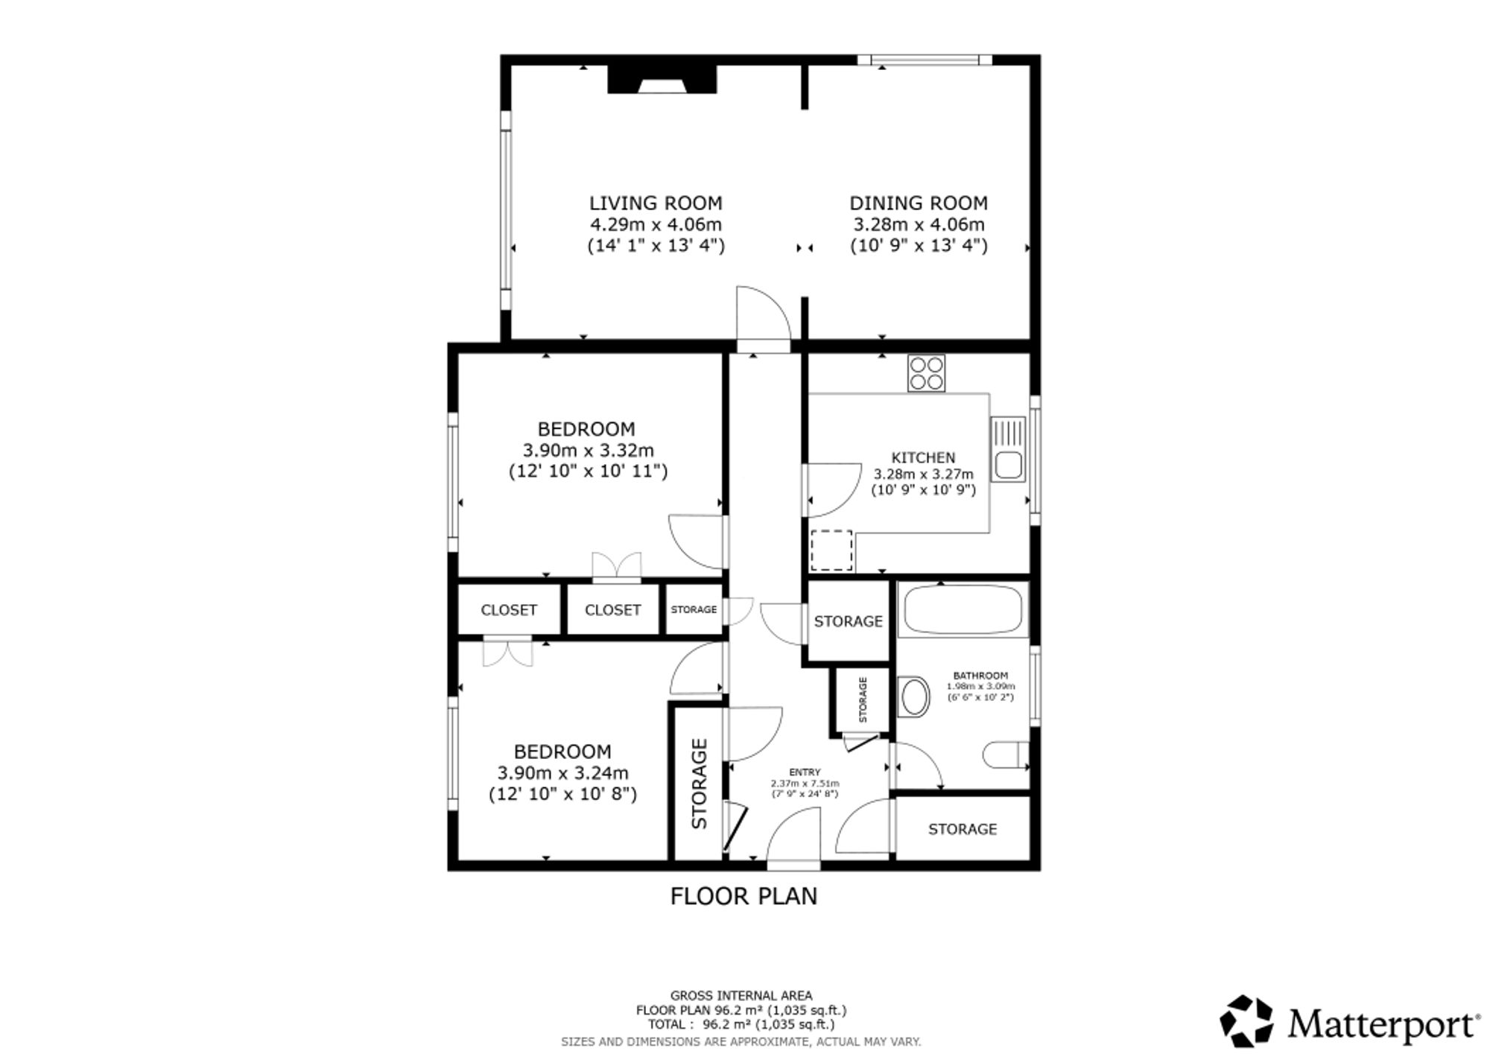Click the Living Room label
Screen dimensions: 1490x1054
(x=656, y=203)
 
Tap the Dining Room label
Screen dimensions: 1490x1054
(x=919, y=203)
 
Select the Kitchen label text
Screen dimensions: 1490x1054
(x=923, y=457)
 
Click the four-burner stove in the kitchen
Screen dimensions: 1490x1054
(x=926, y=373)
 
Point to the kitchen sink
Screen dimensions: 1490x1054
(x=1008, y=448)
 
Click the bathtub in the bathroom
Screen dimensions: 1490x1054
(x=963, y=609)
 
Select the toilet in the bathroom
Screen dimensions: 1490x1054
(x=1006, y=755)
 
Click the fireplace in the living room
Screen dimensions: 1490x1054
(x=662, y=79)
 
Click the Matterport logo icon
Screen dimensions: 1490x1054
(x=1246, y=1020)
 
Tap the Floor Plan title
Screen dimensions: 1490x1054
(x=744, y=896)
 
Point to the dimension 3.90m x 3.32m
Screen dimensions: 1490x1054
(x=589, y=450)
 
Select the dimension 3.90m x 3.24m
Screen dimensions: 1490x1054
(x=563, y=772)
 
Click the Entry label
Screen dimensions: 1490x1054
(x=805, y=772)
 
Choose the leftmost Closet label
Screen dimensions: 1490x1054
(x=509, y=610)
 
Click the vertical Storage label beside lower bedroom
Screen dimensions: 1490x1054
(x=700, y=784)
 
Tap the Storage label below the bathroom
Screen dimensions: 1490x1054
(x=963, y=829)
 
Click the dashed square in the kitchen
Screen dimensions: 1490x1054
(x=831, y=550)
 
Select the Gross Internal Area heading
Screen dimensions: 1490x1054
(x=741, y=995)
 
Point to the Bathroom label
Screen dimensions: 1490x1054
(x=980, y=676)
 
